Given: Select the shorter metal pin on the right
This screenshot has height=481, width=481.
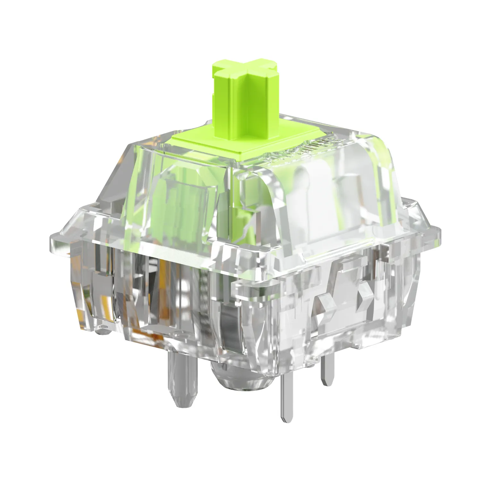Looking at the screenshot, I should (327, 372).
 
